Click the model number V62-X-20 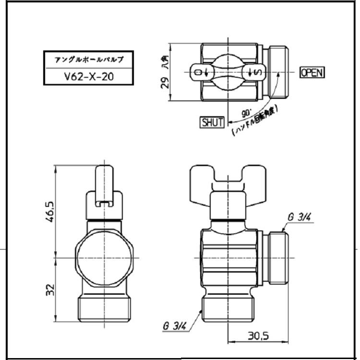click(89, 76)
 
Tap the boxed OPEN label click(312, 72)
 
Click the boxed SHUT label click(212, 122)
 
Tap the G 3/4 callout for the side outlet click(299, 217)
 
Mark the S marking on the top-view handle click(257, 72)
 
